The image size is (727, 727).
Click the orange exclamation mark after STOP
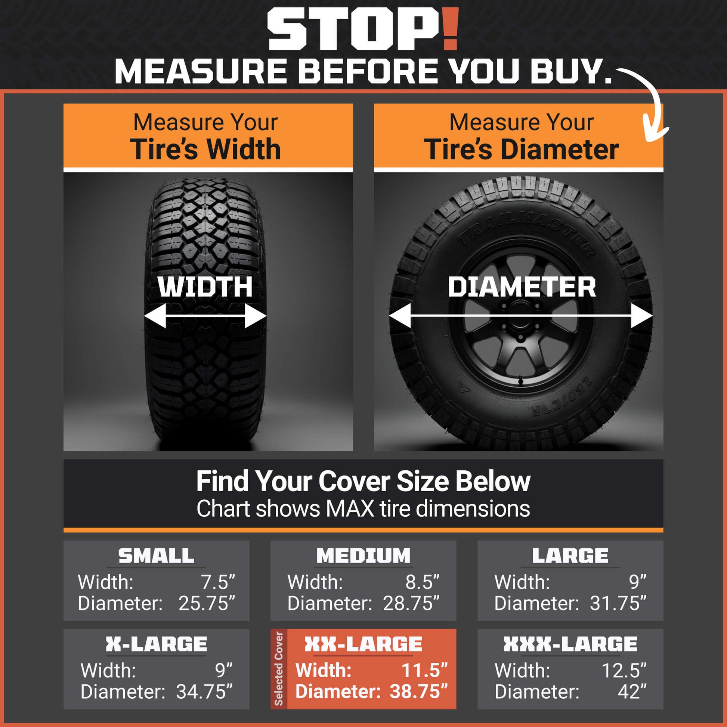click(x=450, y=30)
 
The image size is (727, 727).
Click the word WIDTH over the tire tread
click(x=205, y=287)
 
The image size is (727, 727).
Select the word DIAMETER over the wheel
click(x=522, y=287)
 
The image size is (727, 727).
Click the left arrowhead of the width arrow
click(x=155, y=316)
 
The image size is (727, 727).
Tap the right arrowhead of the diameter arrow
click(x=642, y=316)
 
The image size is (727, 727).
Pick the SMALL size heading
click(x=156, y=556)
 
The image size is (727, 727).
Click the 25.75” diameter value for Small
click(x=207, y=603)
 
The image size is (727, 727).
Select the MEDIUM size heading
click(x=363, y=556)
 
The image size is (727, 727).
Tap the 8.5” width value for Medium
click(x=422, y=582)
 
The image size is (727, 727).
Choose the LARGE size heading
click(x=570, y=556)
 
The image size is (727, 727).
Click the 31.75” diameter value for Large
click(x=618, y=603)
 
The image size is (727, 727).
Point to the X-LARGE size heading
click(x=156, y=644)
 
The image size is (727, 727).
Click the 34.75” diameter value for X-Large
click(x=204, y=692)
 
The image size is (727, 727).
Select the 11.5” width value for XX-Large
click(x=425, y=670)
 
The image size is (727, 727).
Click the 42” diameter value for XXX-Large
click(x=632, y=692)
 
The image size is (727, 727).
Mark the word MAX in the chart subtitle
click(x=350, y=509)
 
